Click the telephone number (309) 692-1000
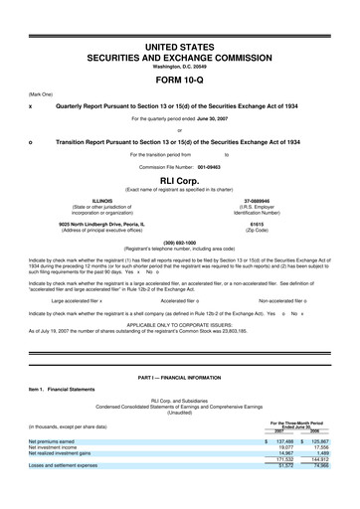pos(179,243)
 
